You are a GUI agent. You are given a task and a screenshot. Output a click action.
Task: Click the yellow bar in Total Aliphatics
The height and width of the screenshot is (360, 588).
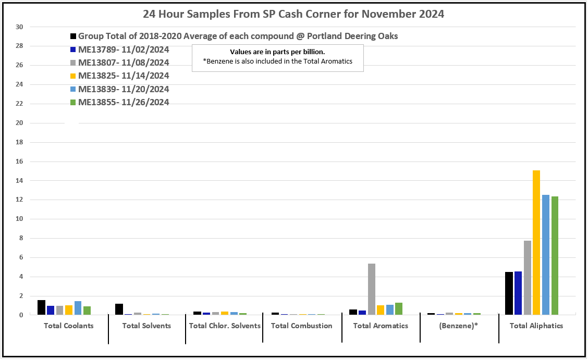536,242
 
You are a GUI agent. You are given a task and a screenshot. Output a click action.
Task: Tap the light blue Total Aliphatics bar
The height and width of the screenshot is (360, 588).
546,255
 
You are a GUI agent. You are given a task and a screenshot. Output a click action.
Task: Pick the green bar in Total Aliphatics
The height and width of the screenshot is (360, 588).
555,255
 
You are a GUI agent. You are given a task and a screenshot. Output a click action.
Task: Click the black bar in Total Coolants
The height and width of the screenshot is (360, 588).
41,307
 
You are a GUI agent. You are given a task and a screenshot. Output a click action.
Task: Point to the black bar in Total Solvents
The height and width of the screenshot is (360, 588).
119,309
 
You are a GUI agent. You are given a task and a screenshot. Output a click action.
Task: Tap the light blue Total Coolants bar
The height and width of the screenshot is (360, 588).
78,308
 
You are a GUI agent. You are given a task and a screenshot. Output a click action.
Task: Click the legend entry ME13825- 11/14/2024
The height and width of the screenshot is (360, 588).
124,76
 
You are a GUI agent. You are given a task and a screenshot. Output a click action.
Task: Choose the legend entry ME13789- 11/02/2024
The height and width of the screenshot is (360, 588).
124,49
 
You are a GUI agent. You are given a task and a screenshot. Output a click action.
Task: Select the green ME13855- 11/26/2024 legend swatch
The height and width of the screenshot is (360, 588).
73,103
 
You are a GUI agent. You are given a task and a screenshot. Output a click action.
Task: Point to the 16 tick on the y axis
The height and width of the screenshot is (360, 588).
20,162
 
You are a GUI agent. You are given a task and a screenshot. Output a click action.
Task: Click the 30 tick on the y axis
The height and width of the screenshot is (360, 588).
20,27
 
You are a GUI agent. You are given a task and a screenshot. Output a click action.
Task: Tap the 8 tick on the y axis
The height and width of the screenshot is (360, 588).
20,239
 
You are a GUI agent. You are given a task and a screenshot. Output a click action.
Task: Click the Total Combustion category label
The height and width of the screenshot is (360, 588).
301,326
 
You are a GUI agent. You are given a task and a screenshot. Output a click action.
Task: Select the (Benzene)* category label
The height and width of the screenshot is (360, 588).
458,326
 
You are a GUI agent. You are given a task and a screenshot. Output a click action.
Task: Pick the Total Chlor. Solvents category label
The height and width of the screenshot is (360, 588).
224,326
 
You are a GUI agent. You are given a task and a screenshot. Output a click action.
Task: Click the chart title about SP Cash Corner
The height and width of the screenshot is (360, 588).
293,14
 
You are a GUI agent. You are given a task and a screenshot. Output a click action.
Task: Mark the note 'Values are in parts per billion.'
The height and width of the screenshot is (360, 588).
277,52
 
